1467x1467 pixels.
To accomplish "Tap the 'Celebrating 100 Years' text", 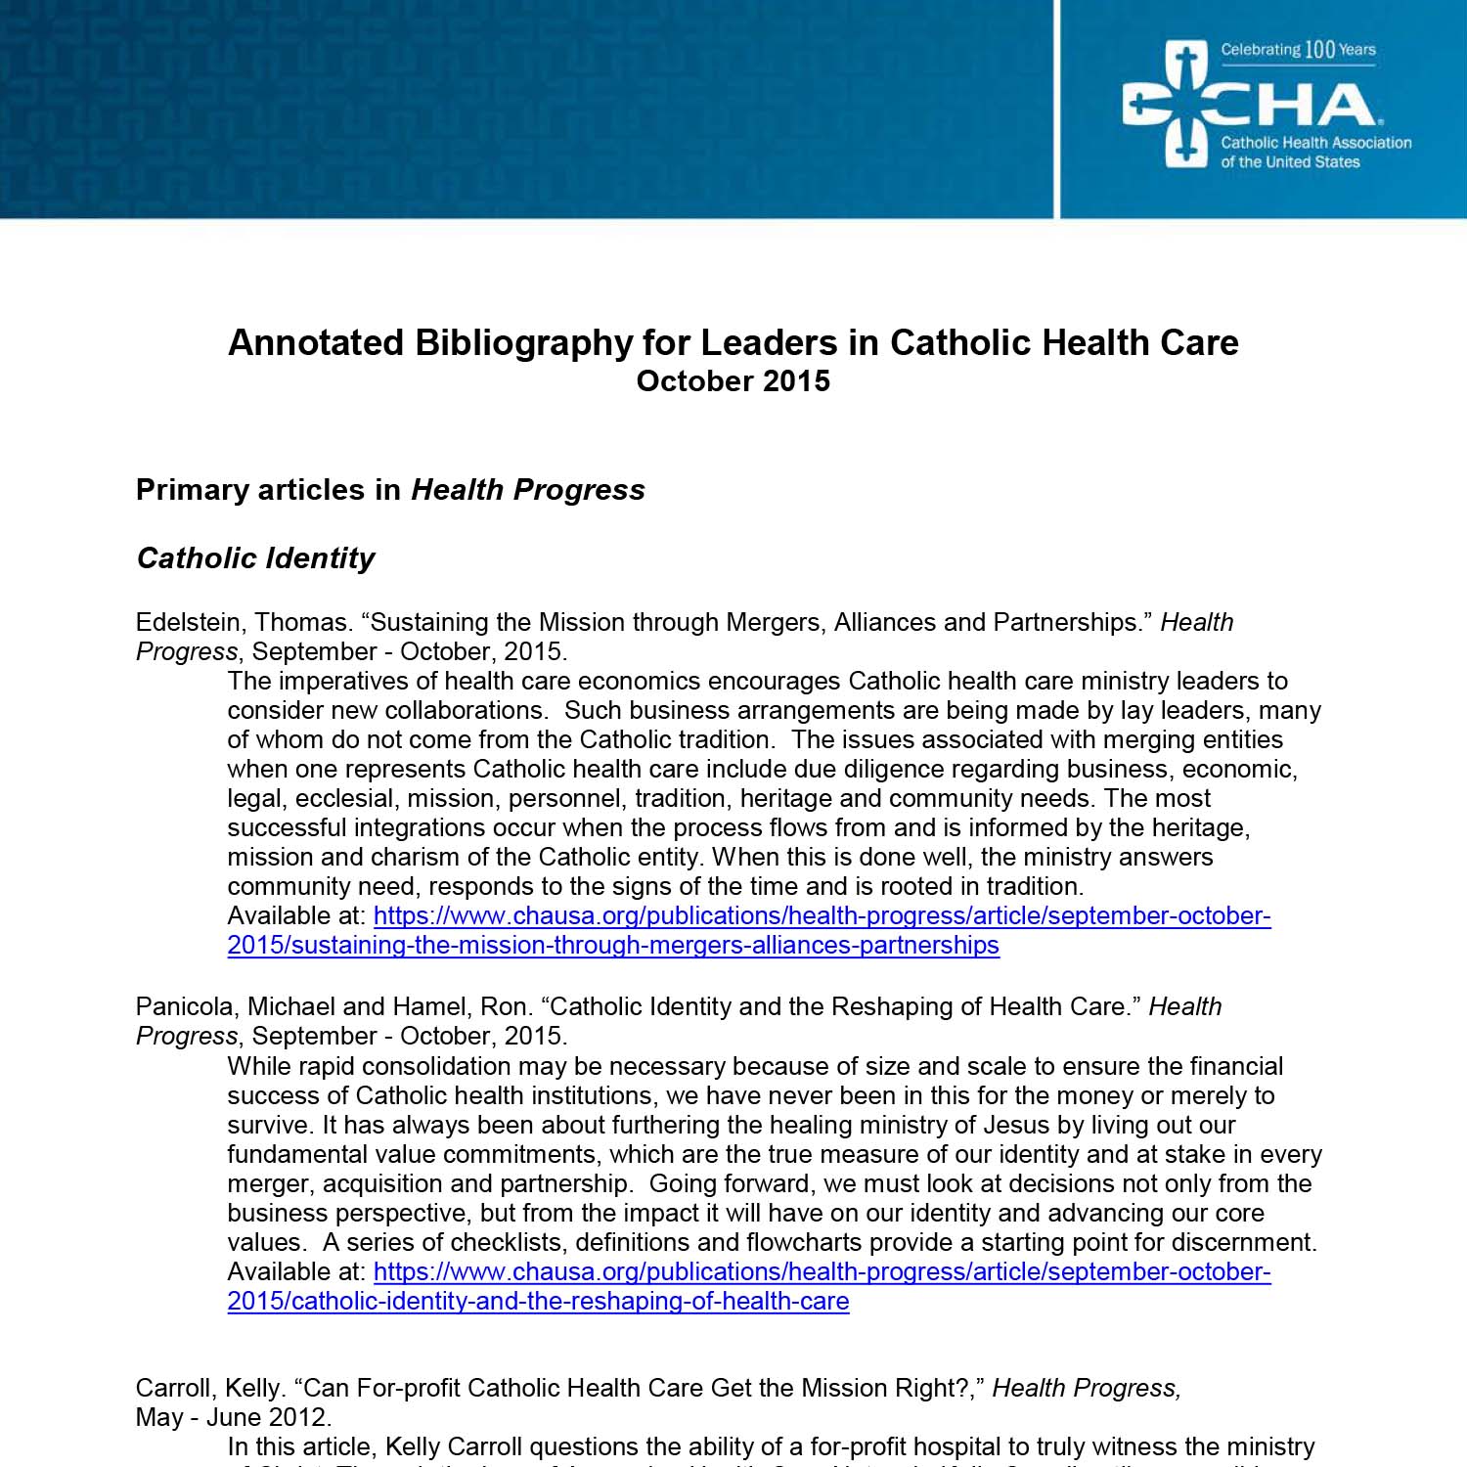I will coord(1298,50).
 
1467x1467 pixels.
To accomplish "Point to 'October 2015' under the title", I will coord(733,381).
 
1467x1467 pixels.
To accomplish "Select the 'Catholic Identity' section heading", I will coord(255,558).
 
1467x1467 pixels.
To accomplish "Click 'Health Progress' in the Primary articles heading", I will coord(528,490).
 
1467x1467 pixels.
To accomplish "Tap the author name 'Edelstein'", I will coord(190,623).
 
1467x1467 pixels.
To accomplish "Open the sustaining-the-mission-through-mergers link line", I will coord(613,946).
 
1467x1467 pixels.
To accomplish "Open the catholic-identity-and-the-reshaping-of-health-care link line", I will coord(538,1302).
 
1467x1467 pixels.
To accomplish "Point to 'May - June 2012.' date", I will coord(234,1418).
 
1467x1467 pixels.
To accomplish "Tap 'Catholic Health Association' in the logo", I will coord(1315,143).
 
